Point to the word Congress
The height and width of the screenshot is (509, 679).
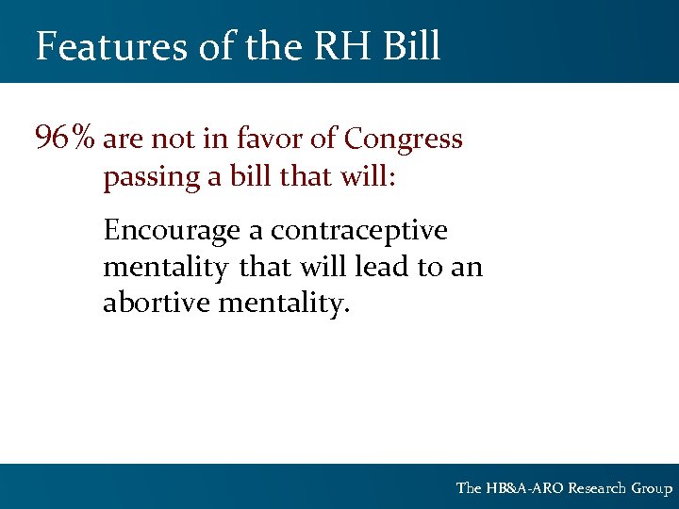pos(404,140)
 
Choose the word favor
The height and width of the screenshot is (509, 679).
pos(272,140)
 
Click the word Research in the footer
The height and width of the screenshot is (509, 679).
pos(598,488)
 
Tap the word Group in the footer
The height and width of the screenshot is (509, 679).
pos(652,488)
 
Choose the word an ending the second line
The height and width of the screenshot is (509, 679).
pos(466,267)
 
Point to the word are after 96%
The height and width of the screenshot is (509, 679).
pos(124,140)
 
